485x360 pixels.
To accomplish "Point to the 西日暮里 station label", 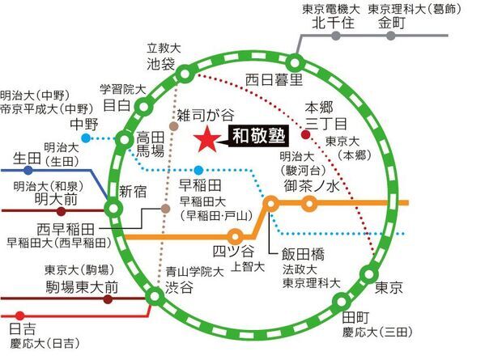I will point(274,79).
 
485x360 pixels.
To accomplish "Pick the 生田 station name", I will point(29,156).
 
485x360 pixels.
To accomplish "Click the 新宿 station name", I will point(134,191).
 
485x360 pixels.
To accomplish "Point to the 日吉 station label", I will point(21,328).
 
